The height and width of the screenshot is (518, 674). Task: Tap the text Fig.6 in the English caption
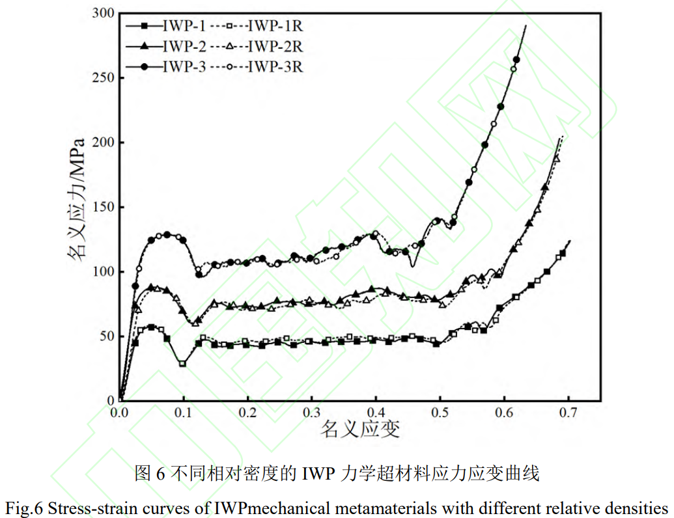point(23,507)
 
